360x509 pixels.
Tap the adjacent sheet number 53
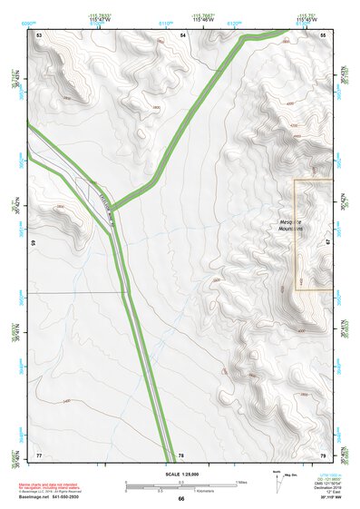click(40, 34)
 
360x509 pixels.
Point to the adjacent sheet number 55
click(323, 34)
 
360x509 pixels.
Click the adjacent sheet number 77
click(39, 454)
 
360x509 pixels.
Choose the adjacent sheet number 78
click(181, 455)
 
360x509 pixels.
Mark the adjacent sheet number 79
click(323, 454)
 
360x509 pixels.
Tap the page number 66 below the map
click(180, 499)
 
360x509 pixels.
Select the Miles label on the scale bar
click(241, 482)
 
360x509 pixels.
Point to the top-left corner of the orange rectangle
click(296, 180)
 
